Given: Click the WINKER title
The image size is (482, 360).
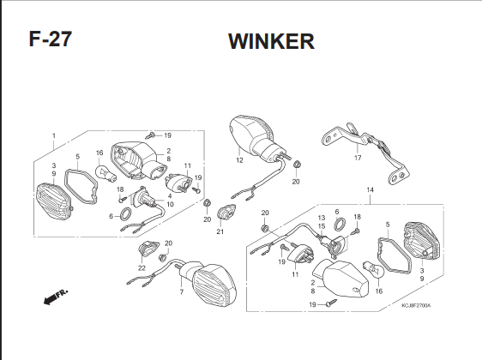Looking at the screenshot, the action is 271,41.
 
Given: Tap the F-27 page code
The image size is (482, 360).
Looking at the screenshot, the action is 51,39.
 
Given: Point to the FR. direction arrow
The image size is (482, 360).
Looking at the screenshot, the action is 56,297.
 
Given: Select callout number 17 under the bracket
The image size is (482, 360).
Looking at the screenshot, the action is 358,158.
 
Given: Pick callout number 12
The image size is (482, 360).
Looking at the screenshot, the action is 239,160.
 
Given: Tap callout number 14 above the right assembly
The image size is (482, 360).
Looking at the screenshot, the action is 371,189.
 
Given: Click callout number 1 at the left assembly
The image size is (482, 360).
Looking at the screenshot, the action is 54,135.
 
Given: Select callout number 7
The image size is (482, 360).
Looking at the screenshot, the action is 182,291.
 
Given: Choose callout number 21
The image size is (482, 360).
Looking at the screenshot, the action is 220,231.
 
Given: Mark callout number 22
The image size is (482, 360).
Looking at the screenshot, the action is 142,268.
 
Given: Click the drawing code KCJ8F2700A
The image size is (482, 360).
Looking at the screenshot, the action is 416,305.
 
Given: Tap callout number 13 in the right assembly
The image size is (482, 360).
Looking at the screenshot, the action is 322,218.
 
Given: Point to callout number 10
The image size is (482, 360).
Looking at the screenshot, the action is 170,204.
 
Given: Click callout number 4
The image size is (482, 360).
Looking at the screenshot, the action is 170,196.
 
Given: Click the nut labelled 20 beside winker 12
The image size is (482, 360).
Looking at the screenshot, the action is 297,165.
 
